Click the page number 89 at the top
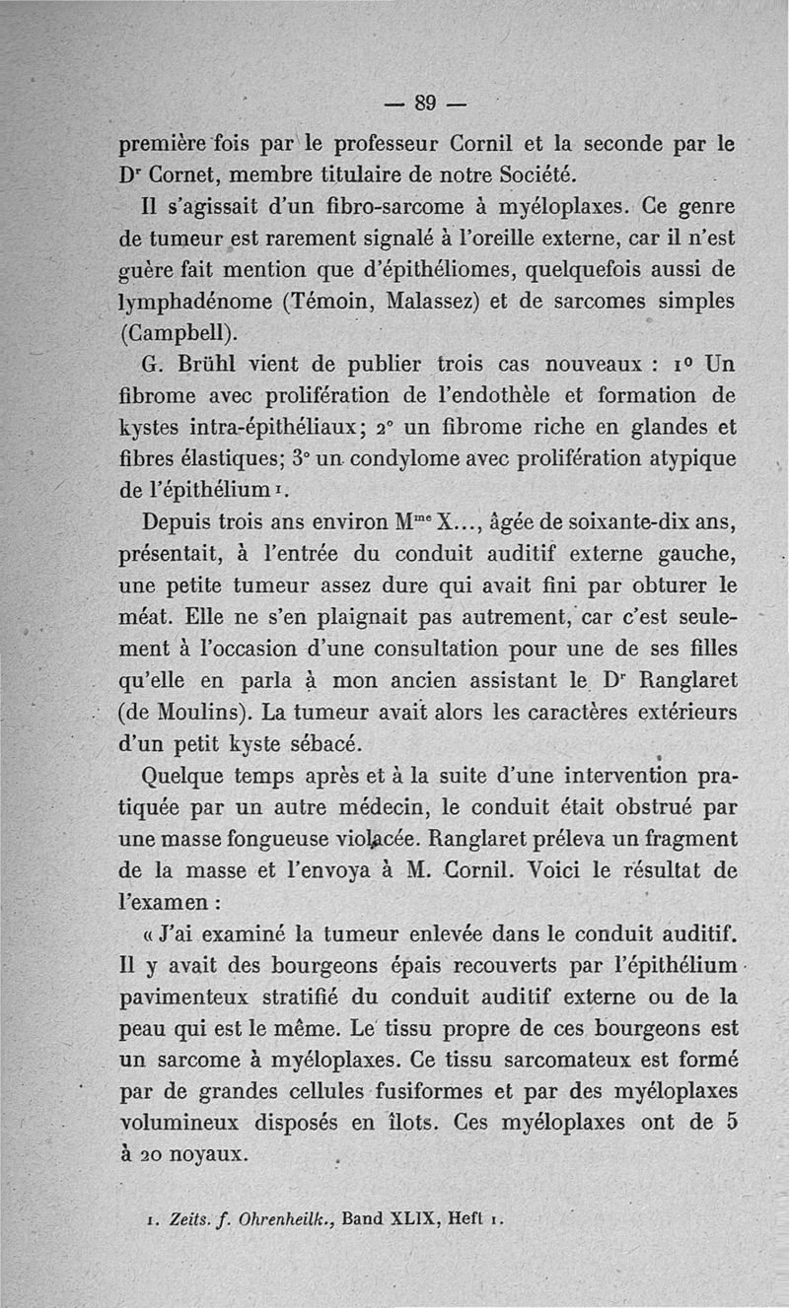coord(426,102)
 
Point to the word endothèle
coord(510,398)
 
